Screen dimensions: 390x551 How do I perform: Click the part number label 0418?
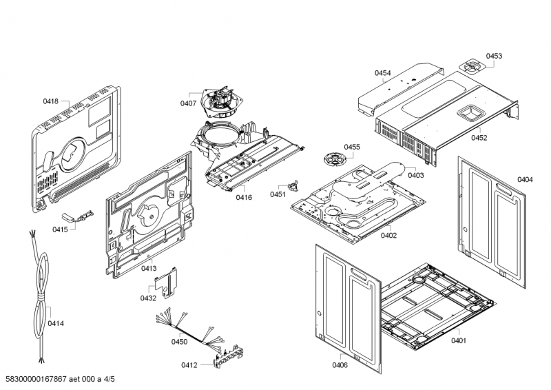50,101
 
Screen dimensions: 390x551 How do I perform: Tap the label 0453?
494,56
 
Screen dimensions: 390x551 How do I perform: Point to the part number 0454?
383,73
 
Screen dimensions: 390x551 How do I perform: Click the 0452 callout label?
479,138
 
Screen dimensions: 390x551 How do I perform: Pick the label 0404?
525,180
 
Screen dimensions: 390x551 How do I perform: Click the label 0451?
278,195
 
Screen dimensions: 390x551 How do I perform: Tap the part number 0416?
244,198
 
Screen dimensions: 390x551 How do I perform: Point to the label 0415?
60,229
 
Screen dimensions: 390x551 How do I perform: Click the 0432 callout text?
148,298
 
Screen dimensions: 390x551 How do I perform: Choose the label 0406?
340,365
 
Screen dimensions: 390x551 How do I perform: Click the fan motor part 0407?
219,106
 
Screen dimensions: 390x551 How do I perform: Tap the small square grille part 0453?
471,67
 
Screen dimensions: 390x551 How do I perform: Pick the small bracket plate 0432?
166,281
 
